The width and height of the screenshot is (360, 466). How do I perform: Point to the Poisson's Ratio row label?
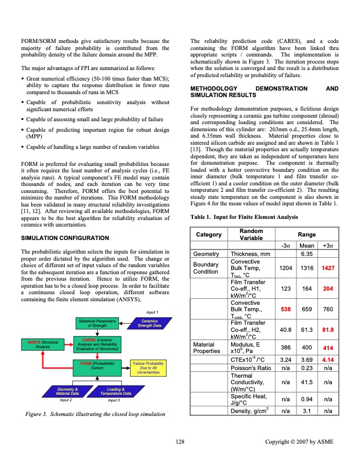click(247, 367)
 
